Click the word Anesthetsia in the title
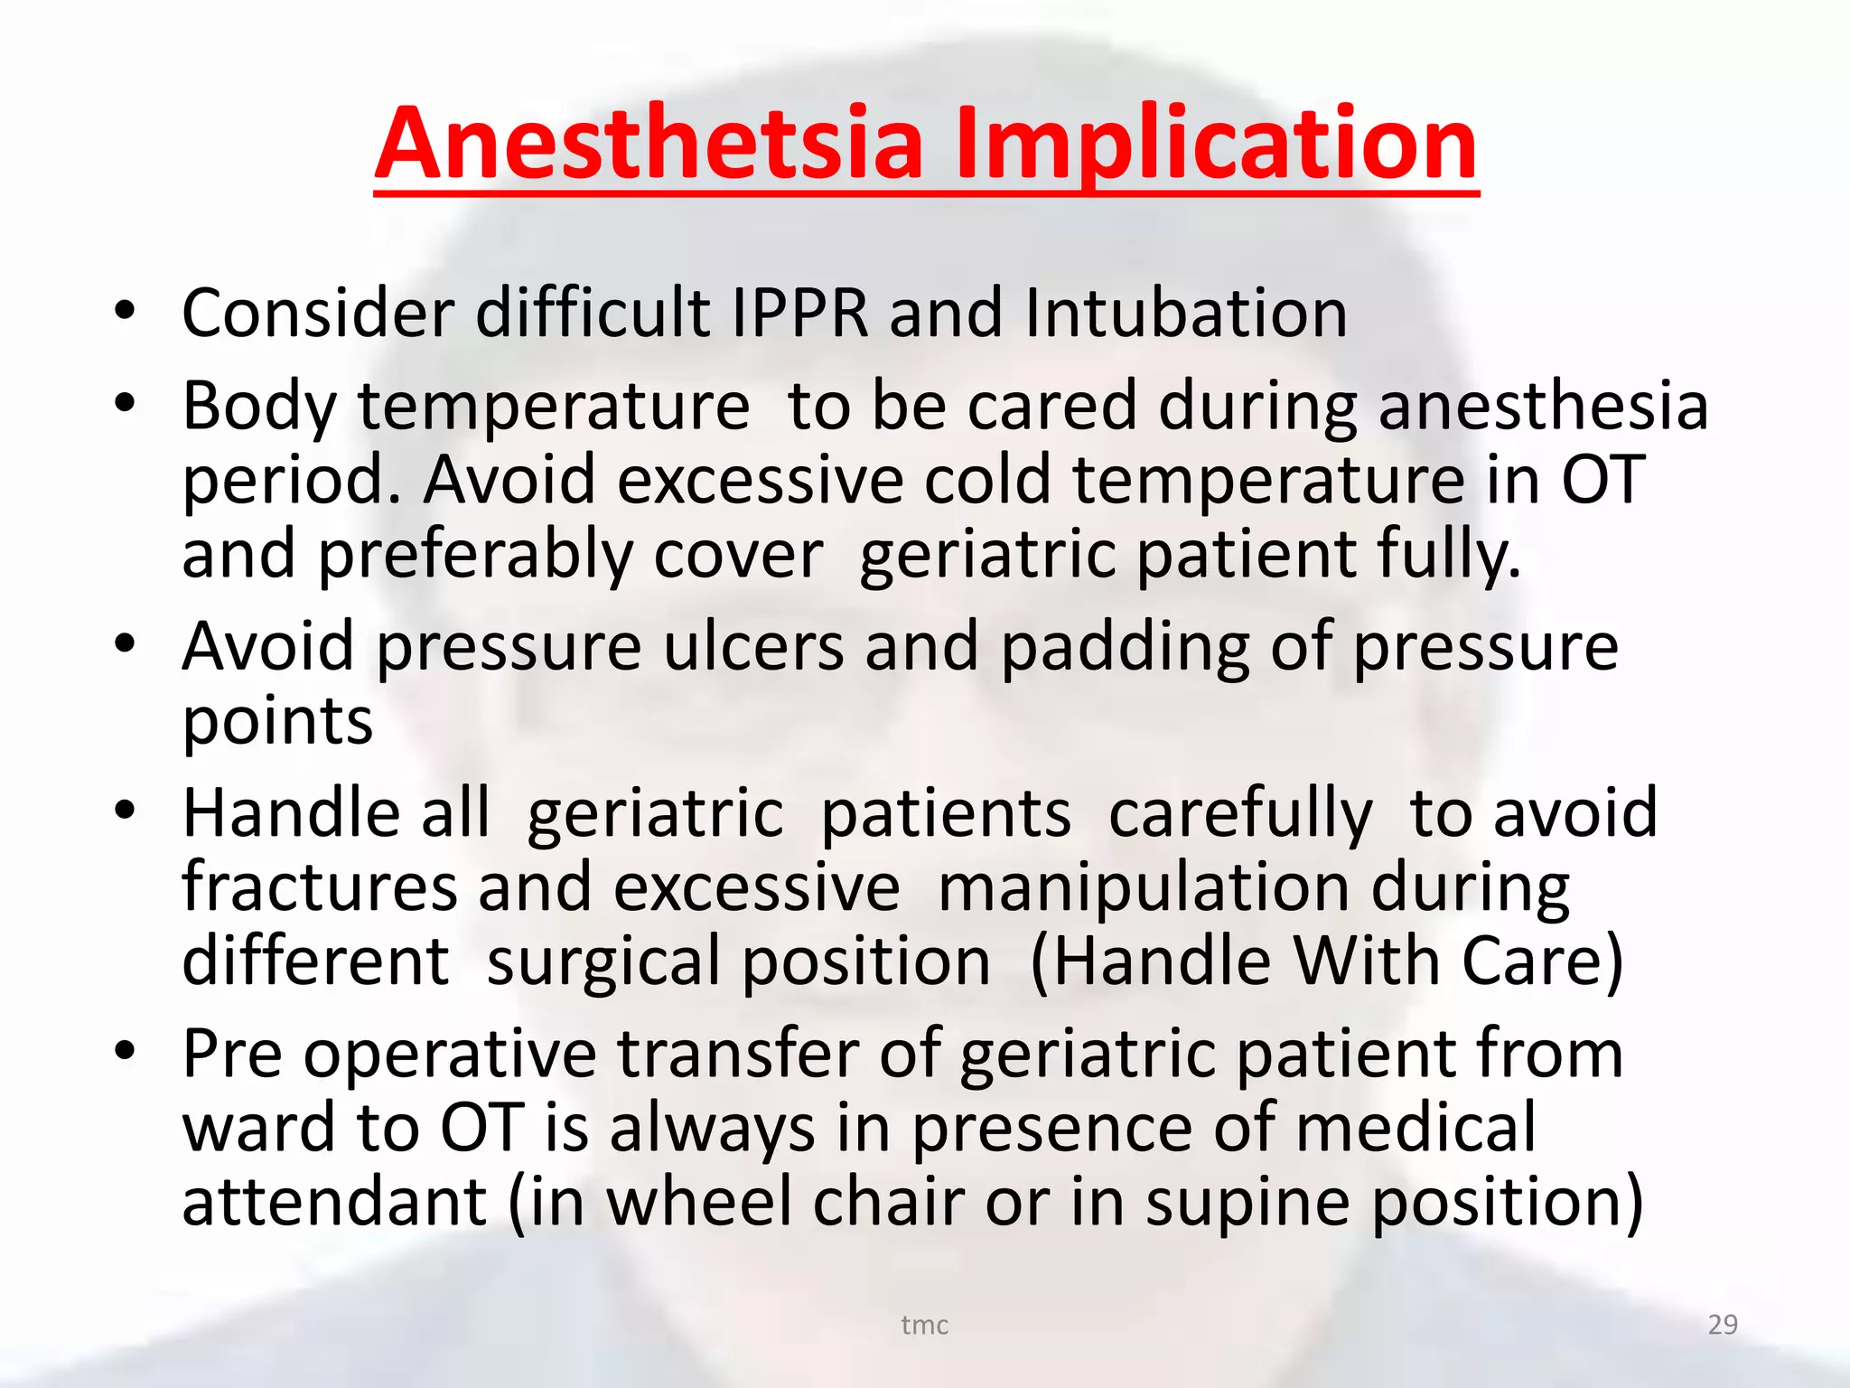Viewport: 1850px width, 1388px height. pyautogui.click(x=649, y=145)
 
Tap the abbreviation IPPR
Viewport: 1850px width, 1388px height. pyautogui.click(x=799, y=314)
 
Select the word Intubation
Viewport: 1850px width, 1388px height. pyautogui.click(x=1185, y=314)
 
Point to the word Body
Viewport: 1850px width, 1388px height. pyautogui.click(x=259, y=407)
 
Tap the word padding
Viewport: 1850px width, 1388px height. pyautogui.click(x=1125, y=649)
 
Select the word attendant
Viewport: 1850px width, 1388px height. pyautogui.click(x=334, y=1203)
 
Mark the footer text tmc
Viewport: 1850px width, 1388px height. pyautogui.click(x=924, y=1325)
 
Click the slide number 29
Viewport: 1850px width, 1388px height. pyautogui.click(x=1722, y=1325)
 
